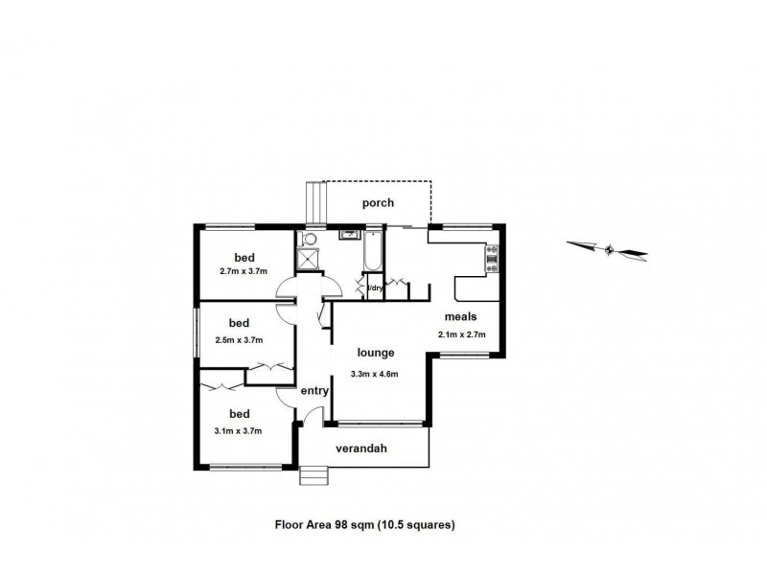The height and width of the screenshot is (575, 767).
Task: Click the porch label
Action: [x=378, y=203]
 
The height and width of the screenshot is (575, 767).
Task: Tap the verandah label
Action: [x=360, y=448]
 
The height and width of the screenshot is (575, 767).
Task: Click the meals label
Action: [x=461, y=316]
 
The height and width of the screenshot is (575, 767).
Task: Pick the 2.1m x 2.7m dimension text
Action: [x=461, y=334]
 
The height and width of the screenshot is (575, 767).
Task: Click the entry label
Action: [x=314, y=391]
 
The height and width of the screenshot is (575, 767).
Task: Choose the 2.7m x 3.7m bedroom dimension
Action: [x=244, y=271]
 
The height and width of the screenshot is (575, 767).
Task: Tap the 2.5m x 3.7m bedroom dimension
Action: [x=239, y=338]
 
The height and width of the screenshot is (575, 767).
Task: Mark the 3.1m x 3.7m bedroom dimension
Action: [x=238, y=431]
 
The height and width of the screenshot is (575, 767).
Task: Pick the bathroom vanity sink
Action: [x=347, y=232]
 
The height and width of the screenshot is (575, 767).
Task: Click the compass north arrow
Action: [x=609, y=250]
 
